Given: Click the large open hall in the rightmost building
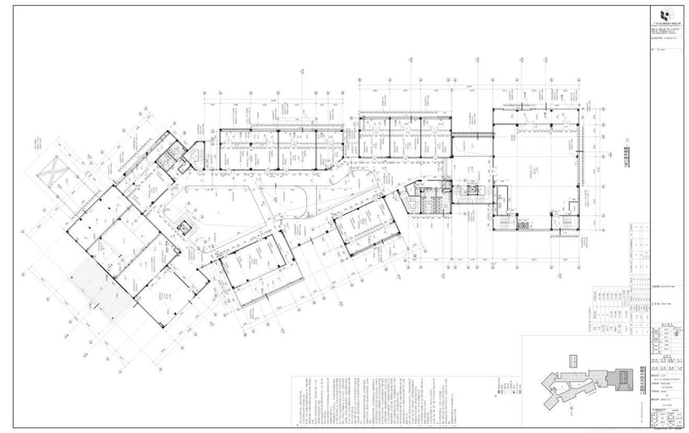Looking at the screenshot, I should (x=538, y=162).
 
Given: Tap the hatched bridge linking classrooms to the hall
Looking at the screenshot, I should (x=472, y=135).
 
